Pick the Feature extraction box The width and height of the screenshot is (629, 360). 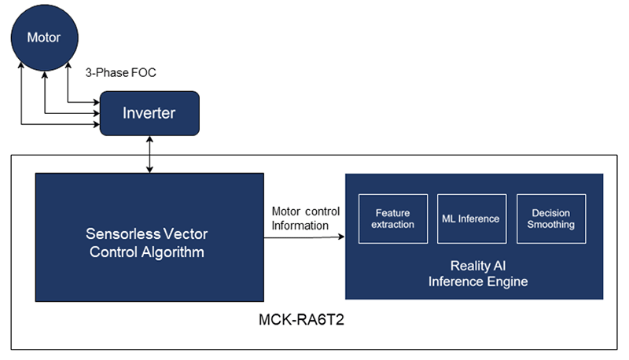tap(393, 219)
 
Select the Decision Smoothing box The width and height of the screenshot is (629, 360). tap(551, 219)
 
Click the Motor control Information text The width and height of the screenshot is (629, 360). tap(306, 219)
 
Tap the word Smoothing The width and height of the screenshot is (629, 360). tap(551, 225)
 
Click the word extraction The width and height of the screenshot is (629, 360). tap(393, 225)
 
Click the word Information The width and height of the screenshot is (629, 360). tap(300, 226)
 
